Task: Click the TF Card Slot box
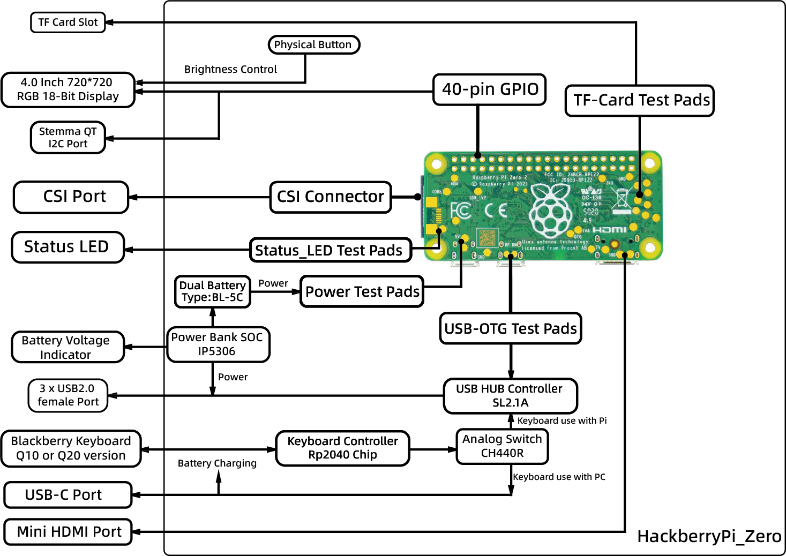[68, 22]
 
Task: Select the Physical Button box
[313, 44]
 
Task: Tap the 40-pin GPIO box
[489, 89]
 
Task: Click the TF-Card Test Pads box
[640, 100]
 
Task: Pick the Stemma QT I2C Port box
[68, 138]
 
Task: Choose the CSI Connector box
[331, 197]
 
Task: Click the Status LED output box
[68, 247]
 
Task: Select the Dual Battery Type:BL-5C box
[212, 292]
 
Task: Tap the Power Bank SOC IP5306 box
[218, 344]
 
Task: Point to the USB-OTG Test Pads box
[510, 328]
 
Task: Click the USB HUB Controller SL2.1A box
[510, 396]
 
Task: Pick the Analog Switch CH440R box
[502, 446]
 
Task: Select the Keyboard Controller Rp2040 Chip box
[342, 448]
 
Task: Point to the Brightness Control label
[230, 69]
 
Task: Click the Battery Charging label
[217, 463]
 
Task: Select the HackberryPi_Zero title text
[709, 536]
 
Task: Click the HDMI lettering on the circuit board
[609, 230]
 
